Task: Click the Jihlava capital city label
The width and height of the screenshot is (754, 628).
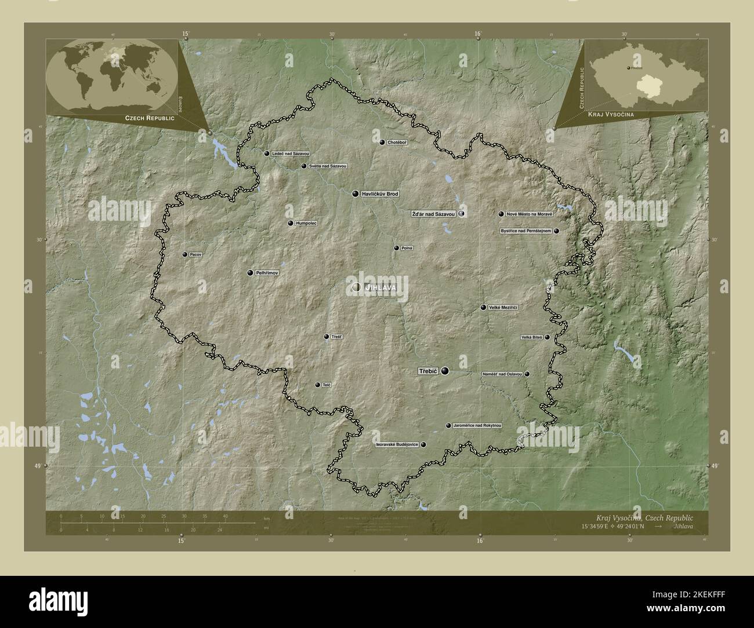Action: click(x=380, y=287)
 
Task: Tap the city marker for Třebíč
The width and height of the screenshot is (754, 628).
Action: click(x=445, y=371)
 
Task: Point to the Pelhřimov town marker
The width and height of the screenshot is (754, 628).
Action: click(x=250, y=273)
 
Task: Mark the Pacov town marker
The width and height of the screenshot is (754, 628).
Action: click(x=185, y=255)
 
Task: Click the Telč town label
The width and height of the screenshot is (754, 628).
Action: click(x=327, y=385)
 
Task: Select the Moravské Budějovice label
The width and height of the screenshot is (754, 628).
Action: click(x=397, y=445)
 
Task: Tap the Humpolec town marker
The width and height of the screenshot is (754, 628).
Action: click(x=291, y=223)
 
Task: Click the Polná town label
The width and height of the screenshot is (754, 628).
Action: click(x=407, y=248)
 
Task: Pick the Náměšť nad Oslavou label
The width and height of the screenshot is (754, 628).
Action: click(x=502, y=374)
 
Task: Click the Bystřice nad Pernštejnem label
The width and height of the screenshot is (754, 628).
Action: click(x=526, y=231)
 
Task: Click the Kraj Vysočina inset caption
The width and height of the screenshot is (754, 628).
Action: click(x=611, y=115)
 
